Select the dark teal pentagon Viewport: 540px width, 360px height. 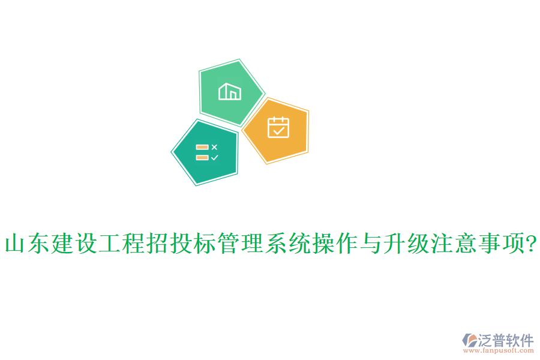205,152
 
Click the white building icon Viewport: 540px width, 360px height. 230,92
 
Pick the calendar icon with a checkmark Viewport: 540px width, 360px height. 278,127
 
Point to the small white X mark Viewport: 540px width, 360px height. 215,146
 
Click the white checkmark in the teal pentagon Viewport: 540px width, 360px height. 215,157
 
